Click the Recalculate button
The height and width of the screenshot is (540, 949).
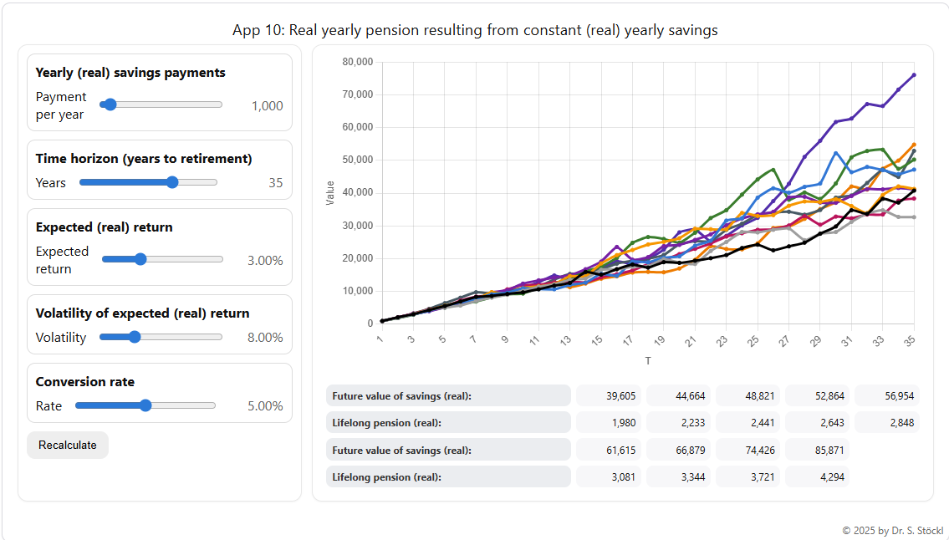click(x=68, y=445)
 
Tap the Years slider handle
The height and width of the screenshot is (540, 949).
click(x=172, y=182)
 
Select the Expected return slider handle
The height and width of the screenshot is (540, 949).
click(x=140, y=259)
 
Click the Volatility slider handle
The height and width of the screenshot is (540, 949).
click(x=134, y=337)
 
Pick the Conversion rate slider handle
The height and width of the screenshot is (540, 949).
click(x=145, y=405)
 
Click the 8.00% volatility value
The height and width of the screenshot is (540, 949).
click(x=265, y=338)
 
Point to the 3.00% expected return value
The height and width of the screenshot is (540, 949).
click(x=265, y=260)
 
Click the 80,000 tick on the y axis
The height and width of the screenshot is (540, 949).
click(x=357, y=62)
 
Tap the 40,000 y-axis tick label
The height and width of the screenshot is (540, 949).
click(x=357, y=192)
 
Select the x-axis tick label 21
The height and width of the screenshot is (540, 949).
click(x=690, y=341)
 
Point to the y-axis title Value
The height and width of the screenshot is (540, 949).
click(x=329, y=192)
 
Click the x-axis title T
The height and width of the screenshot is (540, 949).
click(x=647, y=361)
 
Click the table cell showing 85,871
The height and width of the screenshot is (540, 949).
click(x=817, y=451)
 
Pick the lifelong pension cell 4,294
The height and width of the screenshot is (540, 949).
click(x=817, y=477)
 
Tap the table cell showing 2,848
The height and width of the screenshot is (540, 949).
click(x=886, y=423)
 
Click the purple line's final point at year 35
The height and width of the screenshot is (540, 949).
click(x=914, y=74)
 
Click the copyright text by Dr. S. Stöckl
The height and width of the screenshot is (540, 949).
click(x=892, y=531)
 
